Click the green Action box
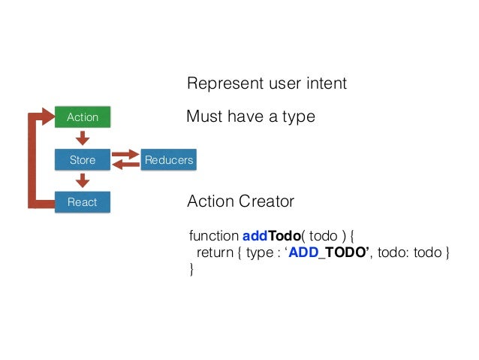83,117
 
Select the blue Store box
83,160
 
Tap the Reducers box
169,160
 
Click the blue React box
83,202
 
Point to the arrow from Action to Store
83,138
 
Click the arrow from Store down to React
83,180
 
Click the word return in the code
215,252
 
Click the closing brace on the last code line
191,269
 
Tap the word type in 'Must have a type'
298,118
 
